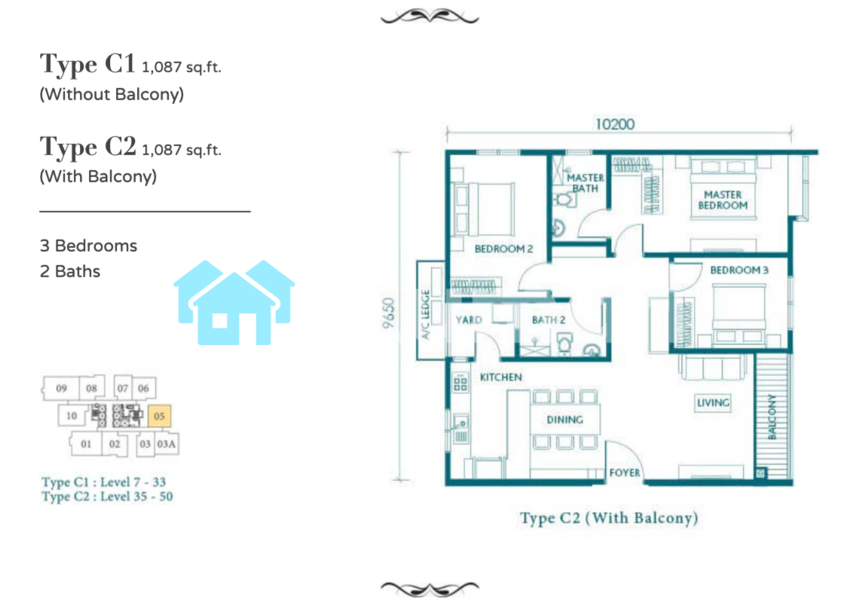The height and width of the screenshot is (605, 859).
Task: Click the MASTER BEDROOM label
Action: (723, 200)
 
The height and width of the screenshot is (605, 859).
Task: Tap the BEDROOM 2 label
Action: (503, 249)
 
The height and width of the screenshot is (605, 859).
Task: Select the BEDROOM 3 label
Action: (739, 270)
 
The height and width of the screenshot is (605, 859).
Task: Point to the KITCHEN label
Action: (501, 377)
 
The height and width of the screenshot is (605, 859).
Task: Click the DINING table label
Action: (565, 420)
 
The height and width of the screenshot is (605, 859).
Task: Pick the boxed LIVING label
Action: (713, 403)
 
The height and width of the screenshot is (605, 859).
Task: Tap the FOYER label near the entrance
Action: (625, 472)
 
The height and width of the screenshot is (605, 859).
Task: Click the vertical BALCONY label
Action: (772, 417)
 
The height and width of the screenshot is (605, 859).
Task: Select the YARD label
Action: (469, 319)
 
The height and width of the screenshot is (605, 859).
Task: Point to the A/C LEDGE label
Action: (425, 315)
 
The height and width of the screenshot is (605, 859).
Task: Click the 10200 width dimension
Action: (615, 124)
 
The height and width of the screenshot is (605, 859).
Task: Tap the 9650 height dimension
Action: (388, 313)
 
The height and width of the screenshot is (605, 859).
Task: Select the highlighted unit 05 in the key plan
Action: (159, 416)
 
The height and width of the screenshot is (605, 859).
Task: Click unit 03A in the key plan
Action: (167, 444)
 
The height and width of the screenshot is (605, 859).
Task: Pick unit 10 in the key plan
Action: (72, 415)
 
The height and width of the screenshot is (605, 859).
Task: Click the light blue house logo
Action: (234, 303)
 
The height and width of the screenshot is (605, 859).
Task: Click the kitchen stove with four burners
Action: (460, 382)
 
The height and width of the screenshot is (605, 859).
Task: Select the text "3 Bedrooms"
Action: (88, 246)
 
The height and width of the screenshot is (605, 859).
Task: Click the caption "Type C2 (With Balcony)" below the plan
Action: (609, 518)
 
